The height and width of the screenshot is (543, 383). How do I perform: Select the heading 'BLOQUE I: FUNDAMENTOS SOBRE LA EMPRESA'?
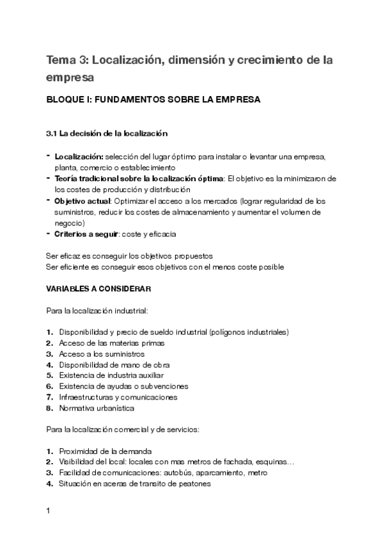click(153, 101)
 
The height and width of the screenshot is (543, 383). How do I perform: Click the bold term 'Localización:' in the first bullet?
click(79, 156)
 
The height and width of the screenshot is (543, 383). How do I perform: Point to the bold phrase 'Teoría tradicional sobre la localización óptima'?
click(139, 178)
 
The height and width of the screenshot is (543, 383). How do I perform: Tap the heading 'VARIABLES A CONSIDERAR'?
click(98, 289)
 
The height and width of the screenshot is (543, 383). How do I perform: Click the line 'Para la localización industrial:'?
click(97, 311)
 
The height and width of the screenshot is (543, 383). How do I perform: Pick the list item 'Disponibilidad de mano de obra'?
click(114, 365)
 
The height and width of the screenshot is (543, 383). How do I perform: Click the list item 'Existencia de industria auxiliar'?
click(111, 376)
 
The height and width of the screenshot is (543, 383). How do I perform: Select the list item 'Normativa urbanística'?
click(97, 409)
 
